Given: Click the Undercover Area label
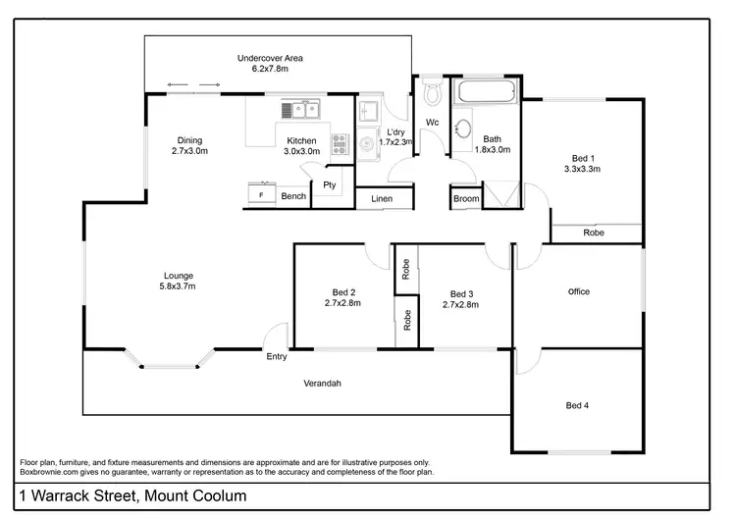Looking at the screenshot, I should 270,58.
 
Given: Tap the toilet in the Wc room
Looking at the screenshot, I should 431,96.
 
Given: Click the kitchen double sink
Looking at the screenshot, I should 301,109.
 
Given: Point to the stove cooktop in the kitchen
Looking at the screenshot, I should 341,144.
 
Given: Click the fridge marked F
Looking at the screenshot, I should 260,195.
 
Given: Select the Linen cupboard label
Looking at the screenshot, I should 382,199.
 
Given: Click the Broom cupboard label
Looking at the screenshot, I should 466,199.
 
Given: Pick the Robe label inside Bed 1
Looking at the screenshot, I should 594,233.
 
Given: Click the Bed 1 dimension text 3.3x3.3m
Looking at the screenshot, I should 582,169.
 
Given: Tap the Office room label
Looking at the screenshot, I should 579,291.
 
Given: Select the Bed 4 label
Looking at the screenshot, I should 578,404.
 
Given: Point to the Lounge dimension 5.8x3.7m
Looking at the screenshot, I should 178,286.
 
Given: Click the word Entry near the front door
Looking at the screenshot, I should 277,356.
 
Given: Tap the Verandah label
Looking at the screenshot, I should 321,383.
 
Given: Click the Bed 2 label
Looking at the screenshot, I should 343,292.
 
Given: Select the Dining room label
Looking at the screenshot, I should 189,139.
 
